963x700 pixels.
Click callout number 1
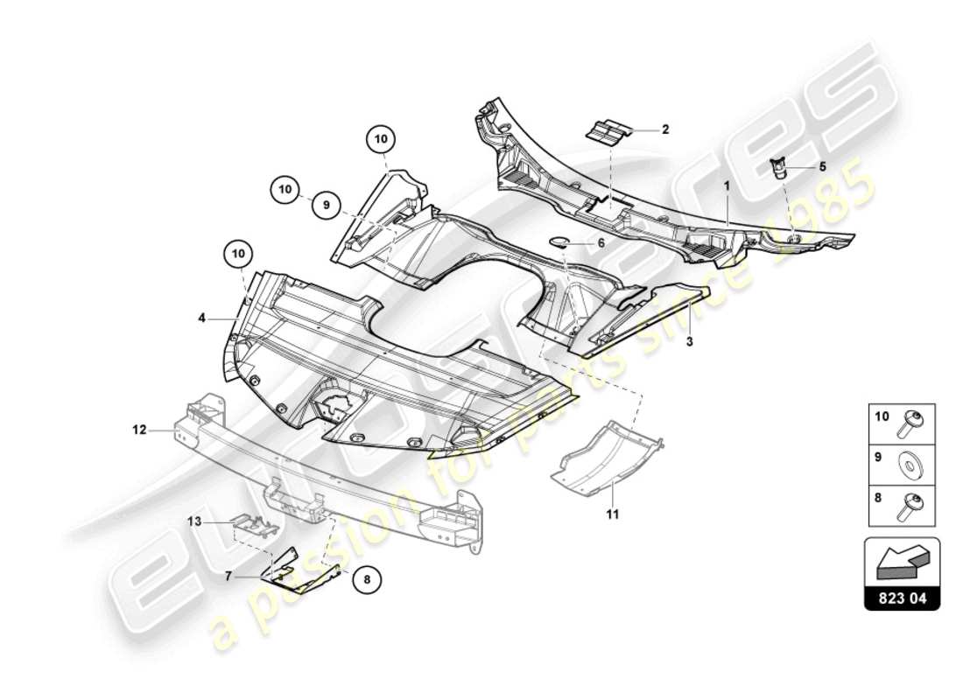click(x=726, y=186)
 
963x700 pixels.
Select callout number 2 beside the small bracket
click(x=665, y=129)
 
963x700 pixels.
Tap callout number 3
click(x=689, y=341)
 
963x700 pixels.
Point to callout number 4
click(x=201, y=319)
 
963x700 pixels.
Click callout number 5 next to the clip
click(x=822, y=165)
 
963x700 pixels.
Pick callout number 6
click(x=601, y=242)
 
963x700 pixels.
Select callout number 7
click(x=228, y=577)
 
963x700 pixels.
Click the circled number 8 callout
click(x=368, y=577)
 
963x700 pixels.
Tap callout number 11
click(x=612, y=514)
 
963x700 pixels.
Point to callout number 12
click(x=138, y=430)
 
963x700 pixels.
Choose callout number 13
click(x=194, y=521)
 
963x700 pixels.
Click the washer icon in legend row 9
click(x=911, y=465)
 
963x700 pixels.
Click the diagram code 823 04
click(x=902, y=599)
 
